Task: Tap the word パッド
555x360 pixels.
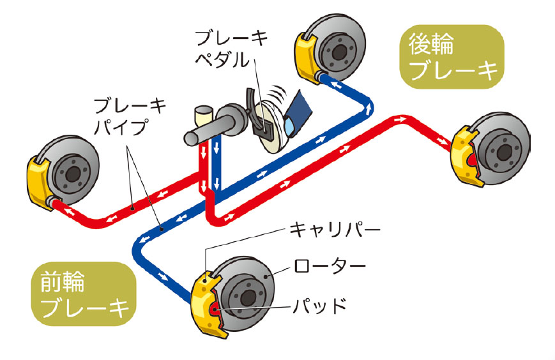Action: (x=322, y=304)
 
